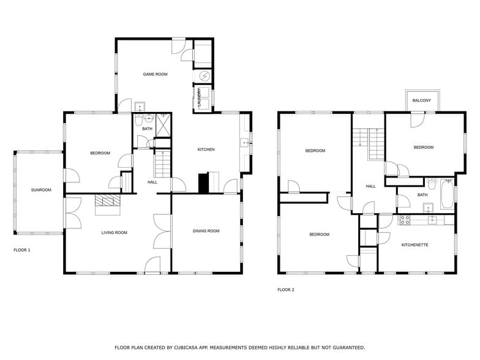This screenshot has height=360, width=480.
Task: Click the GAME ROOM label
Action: coord(155,74)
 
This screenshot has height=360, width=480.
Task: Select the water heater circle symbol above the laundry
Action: coord(204,77)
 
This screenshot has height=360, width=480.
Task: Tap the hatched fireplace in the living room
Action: coord(107,202)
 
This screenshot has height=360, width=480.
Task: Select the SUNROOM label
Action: coord(41,190)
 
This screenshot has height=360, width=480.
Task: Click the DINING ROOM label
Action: coord(206,231)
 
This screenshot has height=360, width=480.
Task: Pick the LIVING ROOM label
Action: coord(114,233)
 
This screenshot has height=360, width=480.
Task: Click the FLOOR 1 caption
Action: coord(22,250)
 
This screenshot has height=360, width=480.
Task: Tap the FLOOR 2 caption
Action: coord(286,290)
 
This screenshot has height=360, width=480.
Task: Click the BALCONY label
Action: coord(421,100)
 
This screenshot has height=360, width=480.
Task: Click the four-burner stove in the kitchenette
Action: coord(404,219)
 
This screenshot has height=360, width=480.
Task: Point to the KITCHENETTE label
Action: coord(414,245)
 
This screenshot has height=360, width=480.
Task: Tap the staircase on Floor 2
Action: coord(374,144)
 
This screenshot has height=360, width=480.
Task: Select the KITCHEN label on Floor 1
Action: coord(206,149)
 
